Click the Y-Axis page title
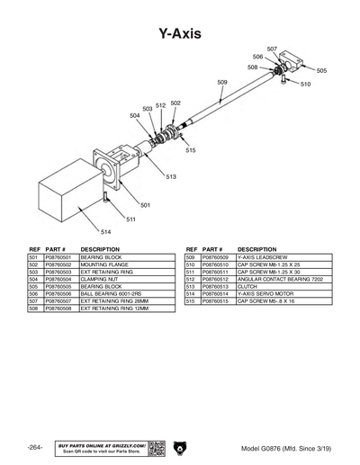pos(179,34)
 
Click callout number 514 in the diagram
pos(104,232)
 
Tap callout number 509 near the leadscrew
pos(222,82)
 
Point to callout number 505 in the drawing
pos(321,70)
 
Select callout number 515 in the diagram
pos(190,150)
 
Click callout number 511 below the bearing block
pos(130,219)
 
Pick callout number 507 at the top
pos(272,48)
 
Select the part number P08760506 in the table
pos(60,294)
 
